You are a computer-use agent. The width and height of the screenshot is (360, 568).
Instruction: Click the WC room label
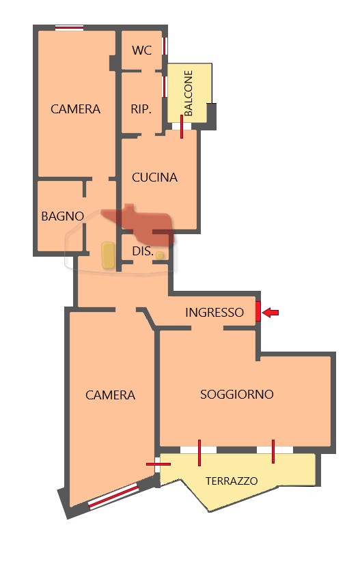point(142,50)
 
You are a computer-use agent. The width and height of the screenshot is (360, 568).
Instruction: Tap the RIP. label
point(141,109)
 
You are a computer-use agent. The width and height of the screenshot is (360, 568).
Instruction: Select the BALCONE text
point(189,93)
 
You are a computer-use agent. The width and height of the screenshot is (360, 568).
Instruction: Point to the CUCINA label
point(154,177)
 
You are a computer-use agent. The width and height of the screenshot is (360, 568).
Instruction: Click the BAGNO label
point(62,216)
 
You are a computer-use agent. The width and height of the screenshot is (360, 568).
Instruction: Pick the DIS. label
point(142,251)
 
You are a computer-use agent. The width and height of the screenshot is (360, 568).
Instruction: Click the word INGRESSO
point(214,313)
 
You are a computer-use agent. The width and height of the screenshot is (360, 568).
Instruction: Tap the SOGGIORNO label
point(237,395)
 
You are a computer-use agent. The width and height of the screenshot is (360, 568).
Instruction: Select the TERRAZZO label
point(232,481)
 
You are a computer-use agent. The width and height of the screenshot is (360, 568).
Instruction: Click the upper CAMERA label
point(75,109)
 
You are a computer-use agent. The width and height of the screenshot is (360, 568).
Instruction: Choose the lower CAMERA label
point(110,395)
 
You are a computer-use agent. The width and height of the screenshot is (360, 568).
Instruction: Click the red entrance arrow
point(271,313)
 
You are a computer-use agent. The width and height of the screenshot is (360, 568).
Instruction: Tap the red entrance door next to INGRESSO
point(258,311)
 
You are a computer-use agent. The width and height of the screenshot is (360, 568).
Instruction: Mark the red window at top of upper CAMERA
point(69,28)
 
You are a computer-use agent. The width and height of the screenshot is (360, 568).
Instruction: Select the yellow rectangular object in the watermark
point(107,254)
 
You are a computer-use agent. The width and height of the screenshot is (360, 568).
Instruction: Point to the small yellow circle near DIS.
point(160,255)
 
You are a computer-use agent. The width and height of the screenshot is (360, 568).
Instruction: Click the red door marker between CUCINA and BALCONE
point(182,127)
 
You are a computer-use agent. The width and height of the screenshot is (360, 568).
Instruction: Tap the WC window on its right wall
point(165,46)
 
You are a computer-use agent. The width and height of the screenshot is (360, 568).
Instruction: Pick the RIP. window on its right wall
point(165,87)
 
